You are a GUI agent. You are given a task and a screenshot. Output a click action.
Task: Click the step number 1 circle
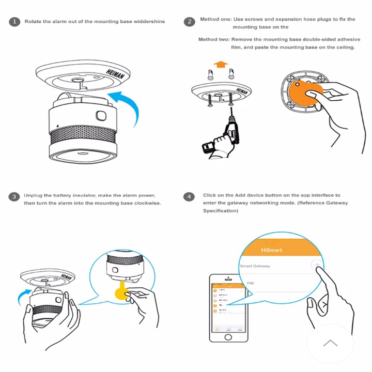coord(14,22)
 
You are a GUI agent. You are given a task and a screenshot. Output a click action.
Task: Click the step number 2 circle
coord(190,22)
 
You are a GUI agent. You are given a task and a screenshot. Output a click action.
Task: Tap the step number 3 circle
coord(14,196)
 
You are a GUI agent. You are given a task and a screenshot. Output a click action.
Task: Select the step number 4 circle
coord(190,196)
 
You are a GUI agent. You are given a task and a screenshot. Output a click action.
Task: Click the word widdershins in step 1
coord(150,22)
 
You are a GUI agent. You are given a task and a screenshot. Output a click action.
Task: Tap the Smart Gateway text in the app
coord(255,266)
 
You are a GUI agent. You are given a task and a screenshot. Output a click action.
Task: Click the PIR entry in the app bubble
coord(251,284)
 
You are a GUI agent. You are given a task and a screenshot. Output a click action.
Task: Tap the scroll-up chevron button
coord(330,343)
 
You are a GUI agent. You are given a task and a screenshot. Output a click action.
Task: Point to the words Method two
coord(214,39)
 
